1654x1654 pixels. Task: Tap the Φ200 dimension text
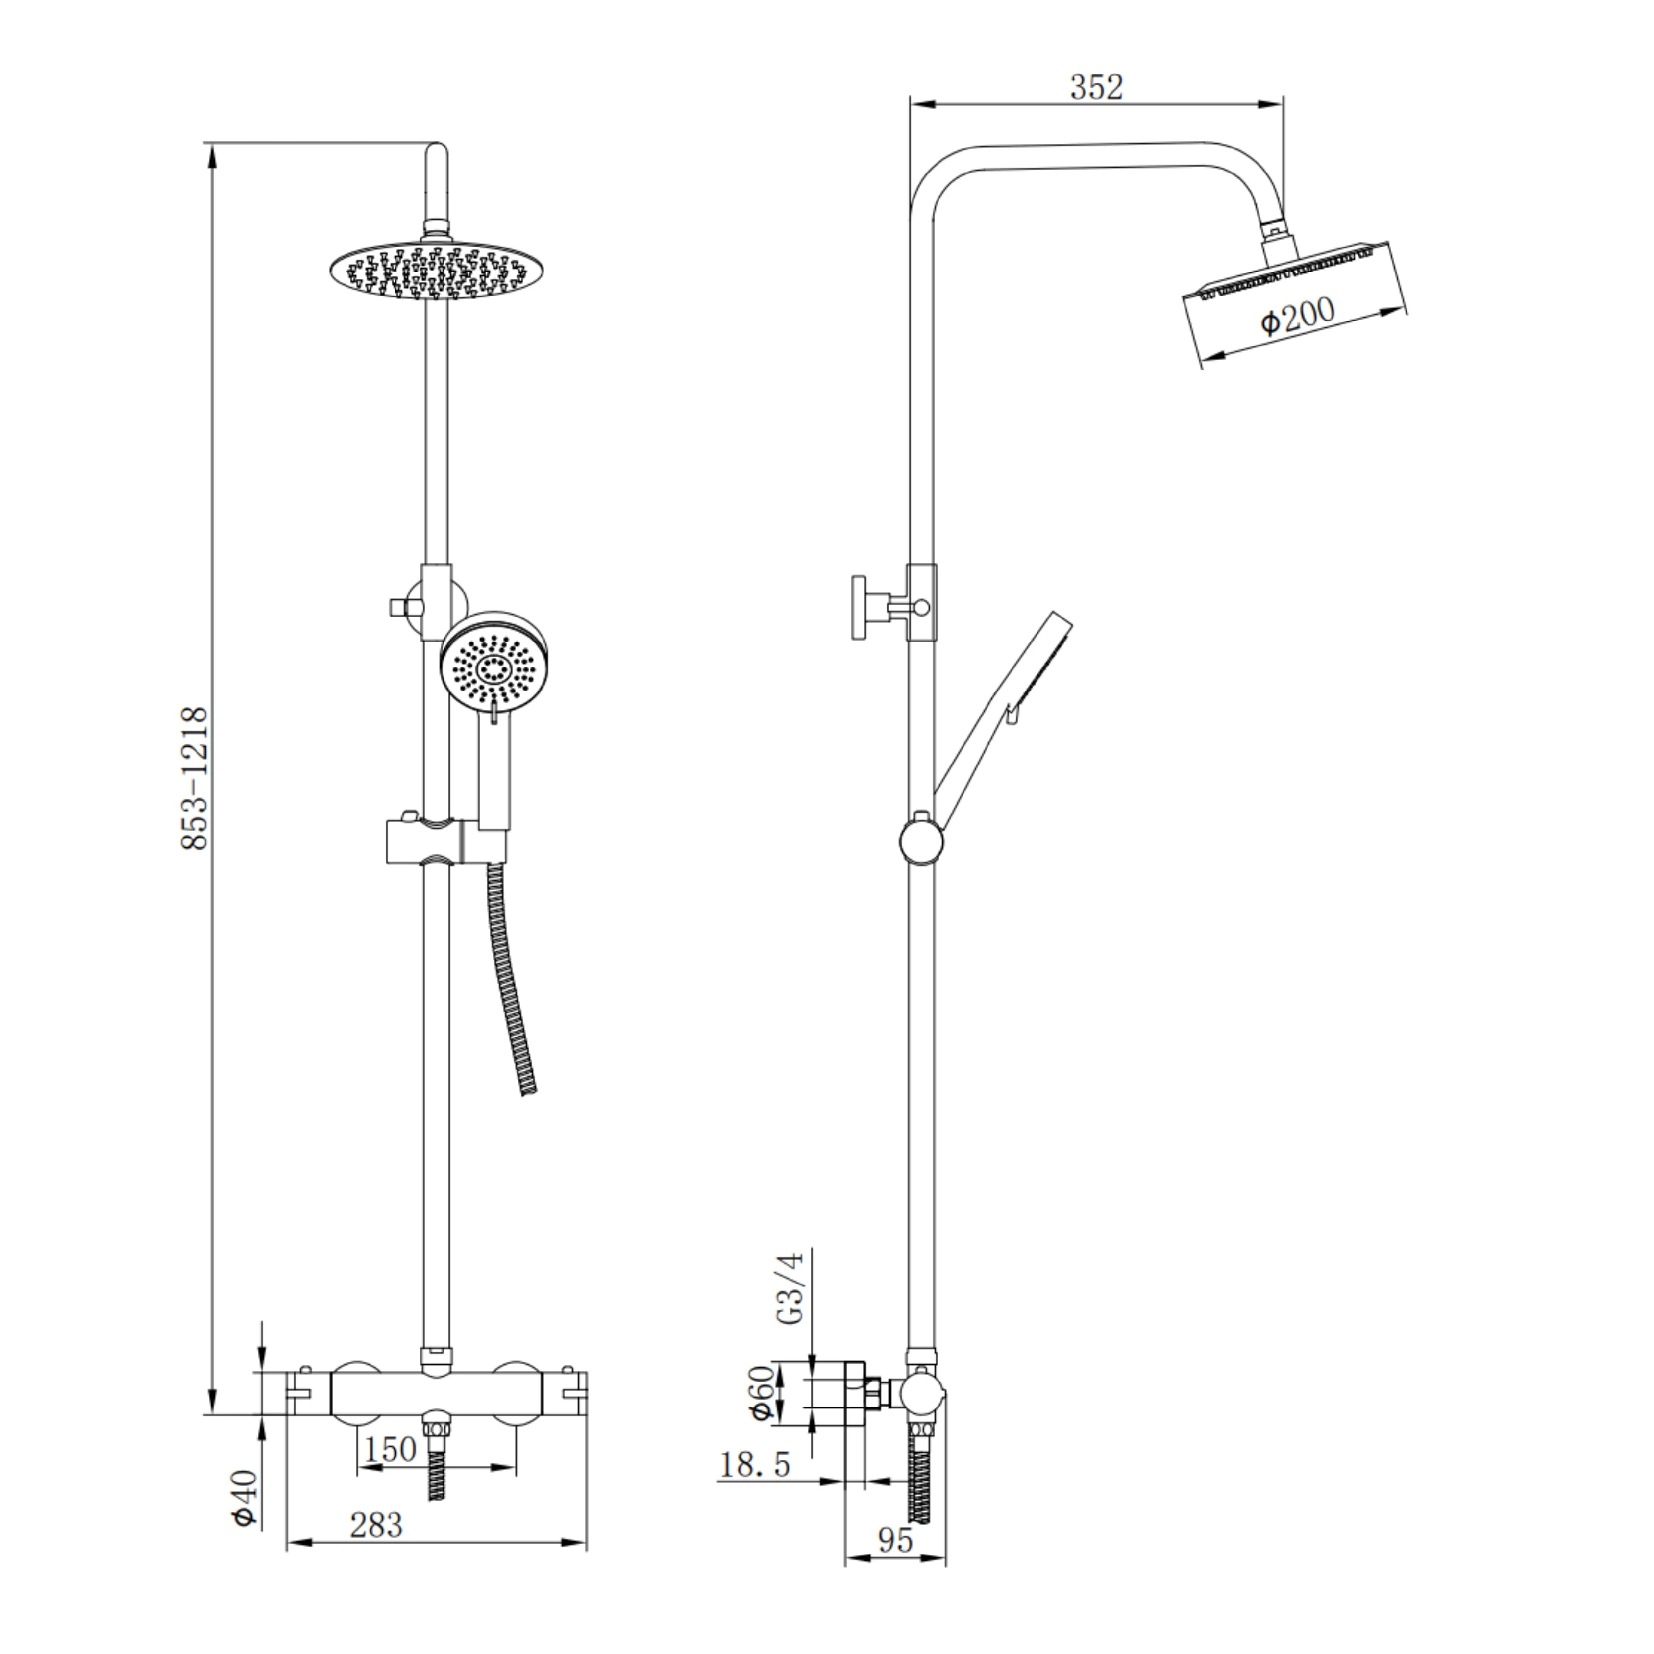(1297, 316)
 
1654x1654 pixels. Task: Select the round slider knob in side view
(921, 840)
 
